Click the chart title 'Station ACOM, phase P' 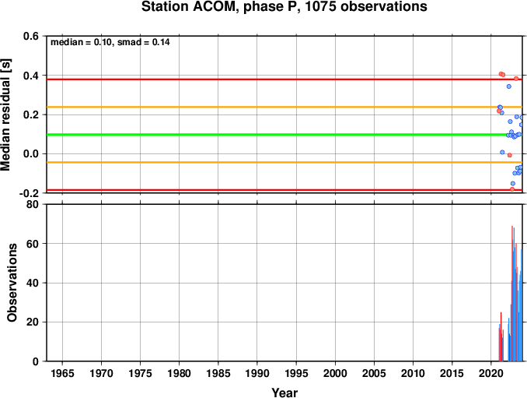click(x=222, y=7)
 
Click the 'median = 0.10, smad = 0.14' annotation click(x=110, y=42)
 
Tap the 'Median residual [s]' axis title click(x=5, y=114)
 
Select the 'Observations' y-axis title click(x=12, y=283)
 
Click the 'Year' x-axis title click(x=284, y=393)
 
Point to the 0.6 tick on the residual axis click(x=31, y=36)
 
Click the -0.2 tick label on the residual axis click(x=29, y=193)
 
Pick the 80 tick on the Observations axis click(x=33, y=204)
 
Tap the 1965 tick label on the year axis click(x=62, y=373)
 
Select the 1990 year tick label click(x=257, y=373)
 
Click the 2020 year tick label click(x=491, y=373)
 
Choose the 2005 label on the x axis click(x=374, y=373)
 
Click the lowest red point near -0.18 click(x=512, y=189)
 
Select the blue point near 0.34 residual click(x=509, y=86)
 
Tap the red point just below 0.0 click(x=510, y=155)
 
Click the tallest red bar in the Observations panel click(x=512, y=294)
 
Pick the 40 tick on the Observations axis click(x=33, y=283)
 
